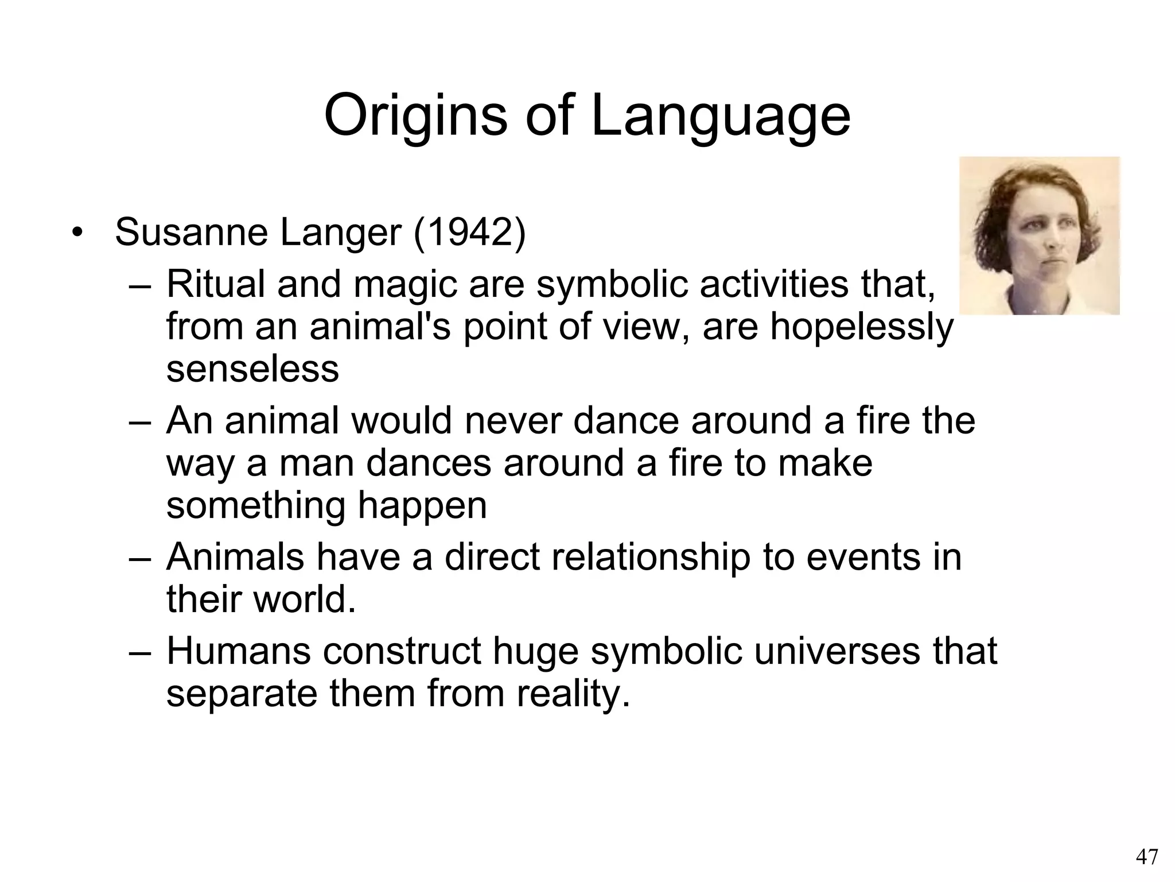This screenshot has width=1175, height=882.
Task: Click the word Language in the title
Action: click(720, 117)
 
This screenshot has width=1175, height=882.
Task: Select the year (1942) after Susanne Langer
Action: click(469, 233)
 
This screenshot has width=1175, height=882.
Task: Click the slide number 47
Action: click(1147, 856)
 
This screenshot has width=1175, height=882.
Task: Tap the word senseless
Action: click(252, 369)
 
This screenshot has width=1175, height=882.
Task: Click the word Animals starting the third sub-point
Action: click(235, 557)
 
